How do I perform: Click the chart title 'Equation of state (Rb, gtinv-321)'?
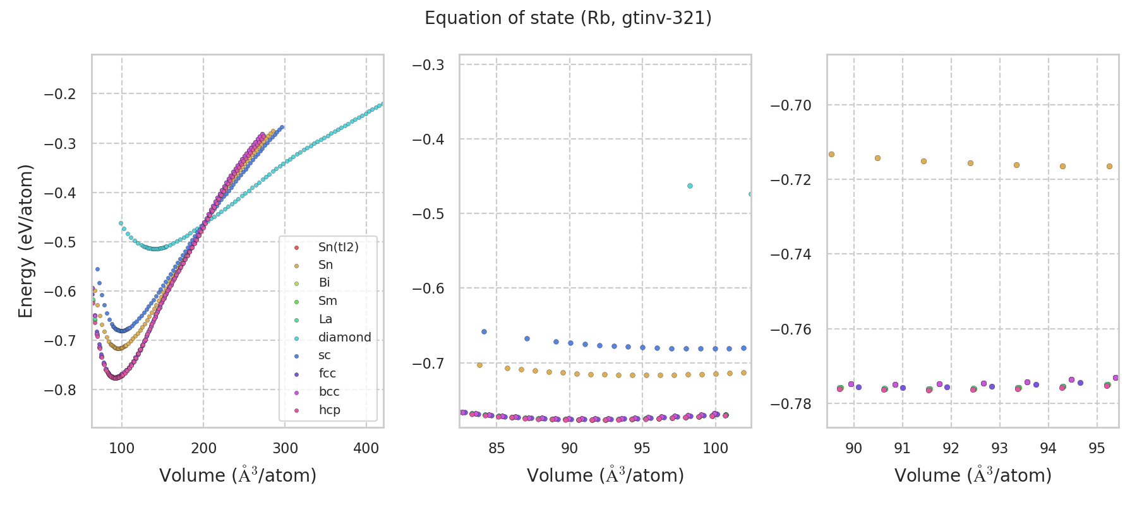point(568,18)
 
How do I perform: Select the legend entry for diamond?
point(344,338)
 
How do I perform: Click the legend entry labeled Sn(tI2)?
point(338,247)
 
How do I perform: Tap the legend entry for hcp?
point(329,410)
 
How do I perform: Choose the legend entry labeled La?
point(325,319)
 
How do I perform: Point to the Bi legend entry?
point(324,283)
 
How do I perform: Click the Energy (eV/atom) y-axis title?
point(25,241)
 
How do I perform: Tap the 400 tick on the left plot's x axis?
point(366,449)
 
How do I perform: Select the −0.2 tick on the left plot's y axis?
point(59,94)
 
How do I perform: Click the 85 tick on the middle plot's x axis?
point(496,449)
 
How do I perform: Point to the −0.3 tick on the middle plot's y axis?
point(428,65)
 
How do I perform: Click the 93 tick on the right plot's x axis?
point(999,449)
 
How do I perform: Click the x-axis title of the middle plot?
point(605,475)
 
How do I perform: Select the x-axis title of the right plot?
point(973,475)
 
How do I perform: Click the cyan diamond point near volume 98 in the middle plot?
point(690,186)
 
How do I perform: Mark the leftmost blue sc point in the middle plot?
point(484,331)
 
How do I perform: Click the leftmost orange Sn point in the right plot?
point(831,154)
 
